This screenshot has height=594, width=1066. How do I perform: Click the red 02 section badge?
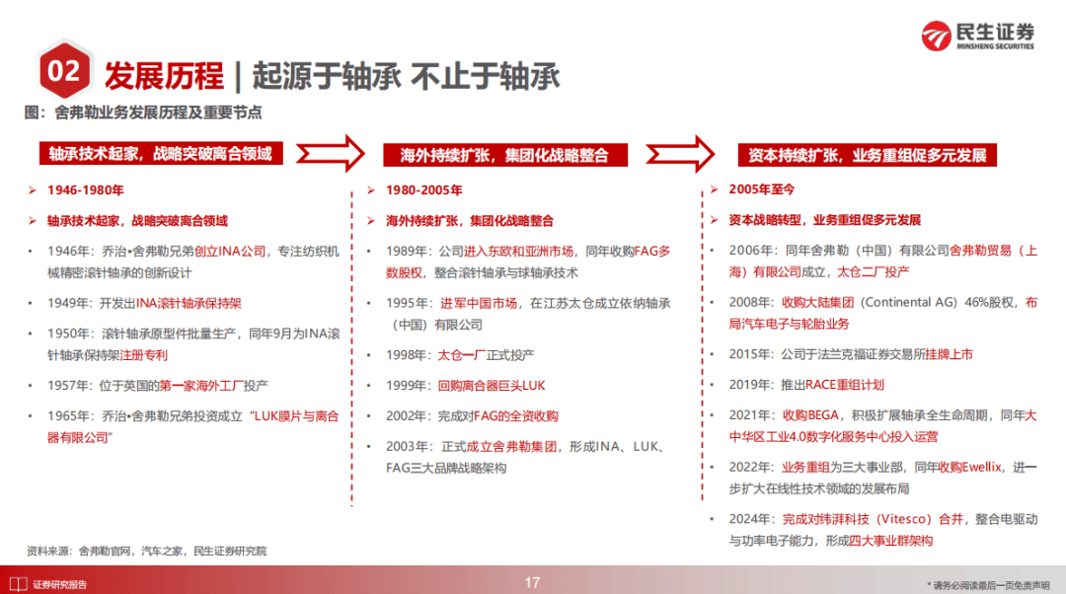tap(63, 72)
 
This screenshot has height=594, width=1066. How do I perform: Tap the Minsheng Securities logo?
tap(977, 35)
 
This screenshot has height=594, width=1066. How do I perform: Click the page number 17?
tap(532, 582)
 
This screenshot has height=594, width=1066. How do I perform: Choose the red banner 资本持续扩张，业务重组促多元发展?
tap(867, 155)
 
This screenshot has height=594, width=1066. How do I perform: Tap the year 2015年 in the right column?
tap(750, 352)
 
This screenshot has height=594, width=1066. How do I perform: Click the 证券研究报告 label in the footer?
tap(59, 584)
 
